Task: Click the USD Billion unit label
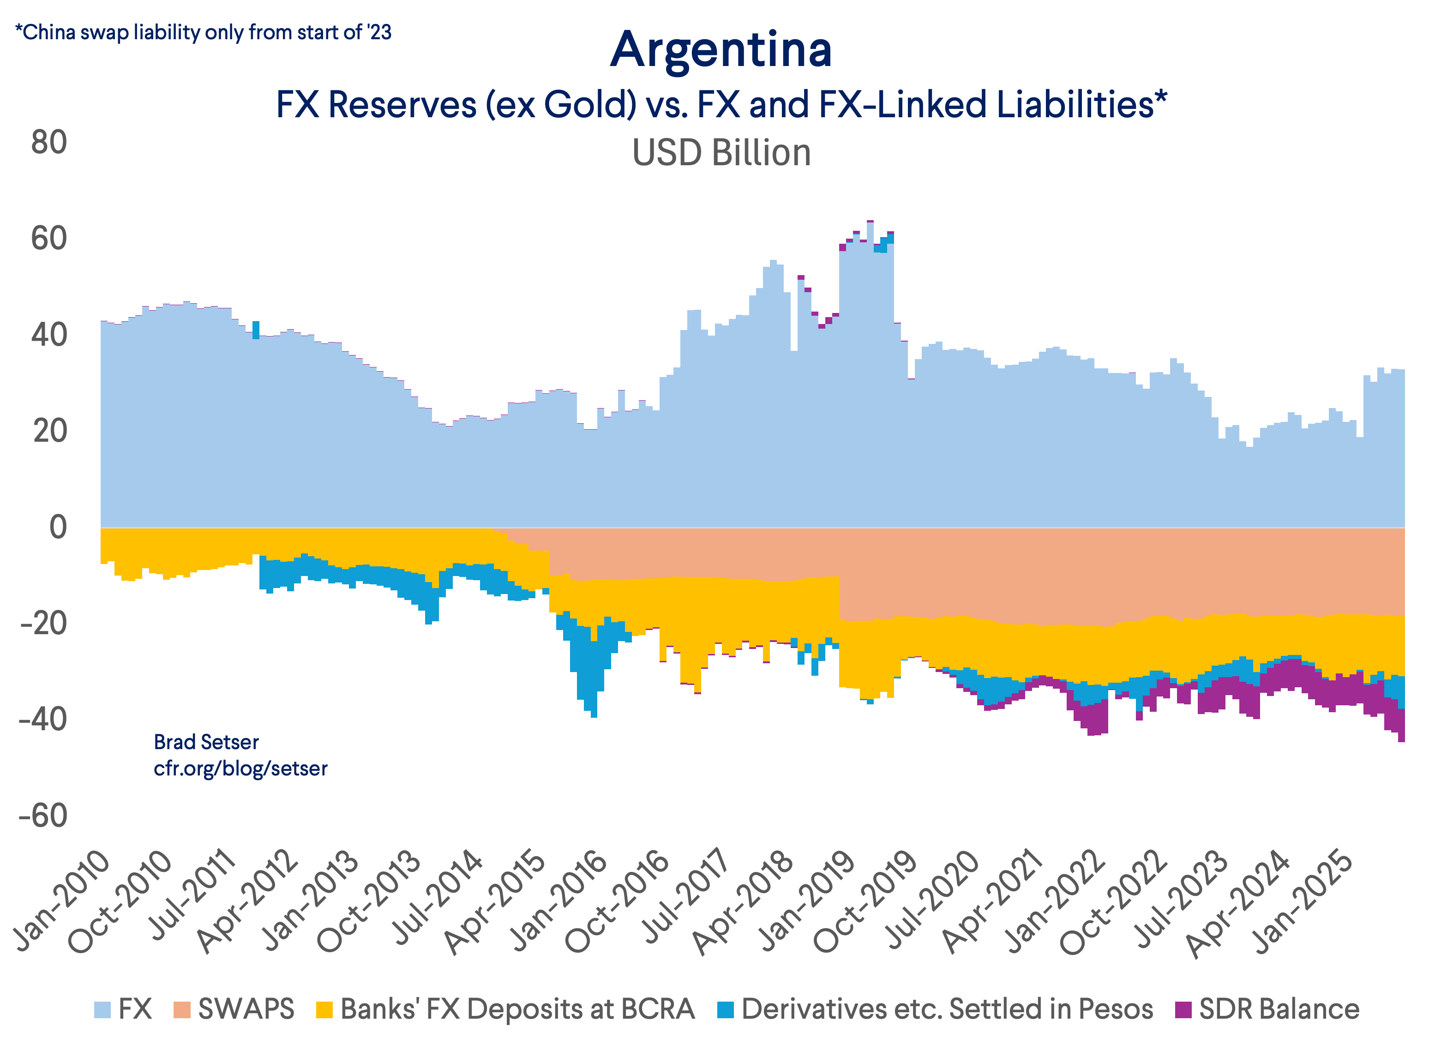point(721,153)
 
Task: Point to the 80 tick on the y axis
point(49,142)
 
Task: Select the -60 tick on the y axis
point(43,816)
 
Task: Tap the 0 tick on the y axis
point(57,528)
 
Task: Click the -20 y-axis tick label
point(43,624)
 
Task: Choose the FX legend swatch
point(102,1009)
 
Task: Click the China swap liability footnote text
point(203,32)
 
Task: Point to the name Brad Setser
point(206,742)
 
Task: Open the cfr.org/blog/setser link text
point(240,769)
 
